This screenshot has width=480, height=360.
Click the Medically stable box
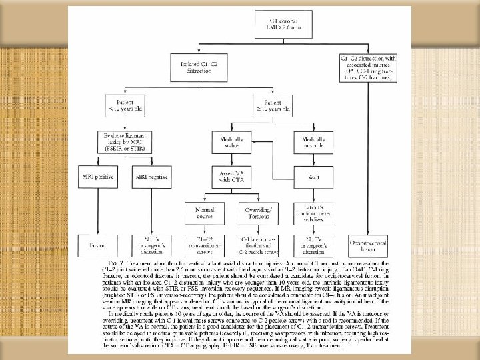point(229,141)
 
